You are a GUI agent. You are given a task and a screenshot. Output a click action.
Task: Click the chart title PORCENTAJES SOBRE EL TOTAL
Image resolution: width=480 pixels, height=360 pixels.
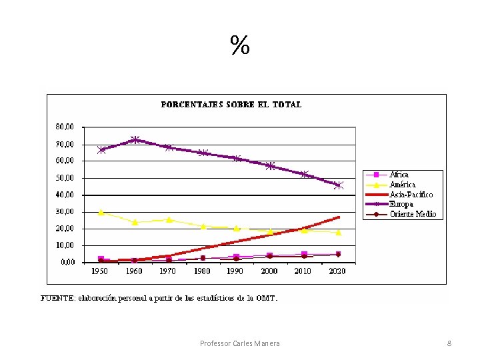click(231, 105)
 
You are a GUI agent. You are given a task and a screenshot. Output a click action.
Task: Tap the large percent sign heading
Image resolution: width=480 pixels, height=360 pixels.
click(240, 46)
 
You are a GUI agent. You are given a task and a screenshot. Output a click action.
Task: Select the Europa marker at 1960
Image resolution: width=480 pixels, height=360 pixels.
click(135, 140)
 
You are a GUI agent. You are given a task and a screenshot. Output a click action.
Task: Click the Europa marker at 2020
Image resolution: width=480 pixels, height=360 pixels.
click(339, 185)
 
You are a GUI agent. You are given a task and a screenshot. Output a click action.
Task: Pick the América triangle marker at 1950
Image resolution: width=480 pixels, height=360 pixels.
click(101, 212)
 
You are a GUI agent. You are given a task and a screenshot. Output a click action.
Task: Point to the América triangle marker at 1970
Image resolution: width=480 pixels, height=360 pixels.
click(169, 219)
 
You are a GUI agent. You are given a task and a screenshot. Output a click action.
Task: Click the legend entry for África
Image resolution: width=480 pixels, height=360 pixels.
click(399, 175)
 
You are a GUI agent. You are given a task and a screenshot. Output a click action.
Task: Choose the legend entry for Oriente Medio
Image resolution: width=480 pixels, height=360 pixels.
click(412, 214)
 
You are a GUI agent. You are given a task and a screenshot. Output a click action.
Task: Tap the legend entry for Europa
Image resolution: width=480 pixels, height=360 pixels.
click(401, 204)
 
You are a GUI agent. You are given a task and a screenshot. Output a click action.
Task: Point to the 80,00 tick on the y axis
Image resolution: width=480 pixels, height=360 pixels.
click(65, 127)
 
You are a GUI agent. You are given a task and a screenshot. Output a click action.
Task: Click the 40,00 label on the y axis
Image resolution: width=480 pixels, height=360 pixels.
click(65, 195)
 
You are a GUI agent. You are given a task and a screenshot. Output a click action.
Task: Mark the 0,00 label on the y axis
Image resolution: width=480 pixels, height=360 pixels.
click(67, 262)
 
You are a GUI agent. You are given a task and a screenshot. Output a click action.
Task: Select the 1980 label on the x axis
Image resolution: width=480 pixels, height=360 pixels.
click(203, 272)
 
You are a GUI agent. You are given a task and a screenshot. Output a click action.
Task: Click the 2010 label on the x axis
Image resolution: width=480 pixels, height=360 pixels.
click(304, 272)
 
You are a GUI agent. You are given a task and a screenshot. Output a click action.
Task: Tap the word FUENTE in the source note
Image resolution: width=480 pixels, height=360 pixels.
click(57, 298)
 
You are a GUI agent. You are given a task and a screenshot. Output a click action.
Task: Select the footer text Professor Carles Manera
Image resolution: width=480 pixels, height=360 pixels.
click(240, 343)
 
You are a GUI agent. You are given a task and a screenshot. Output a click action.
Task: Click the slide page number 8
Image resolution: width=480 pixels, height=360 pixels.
click(449, 343)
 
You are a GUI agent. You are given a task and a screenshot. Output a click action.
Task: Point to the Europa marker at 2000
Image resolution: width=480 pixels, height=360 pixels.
click(271, 165)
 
